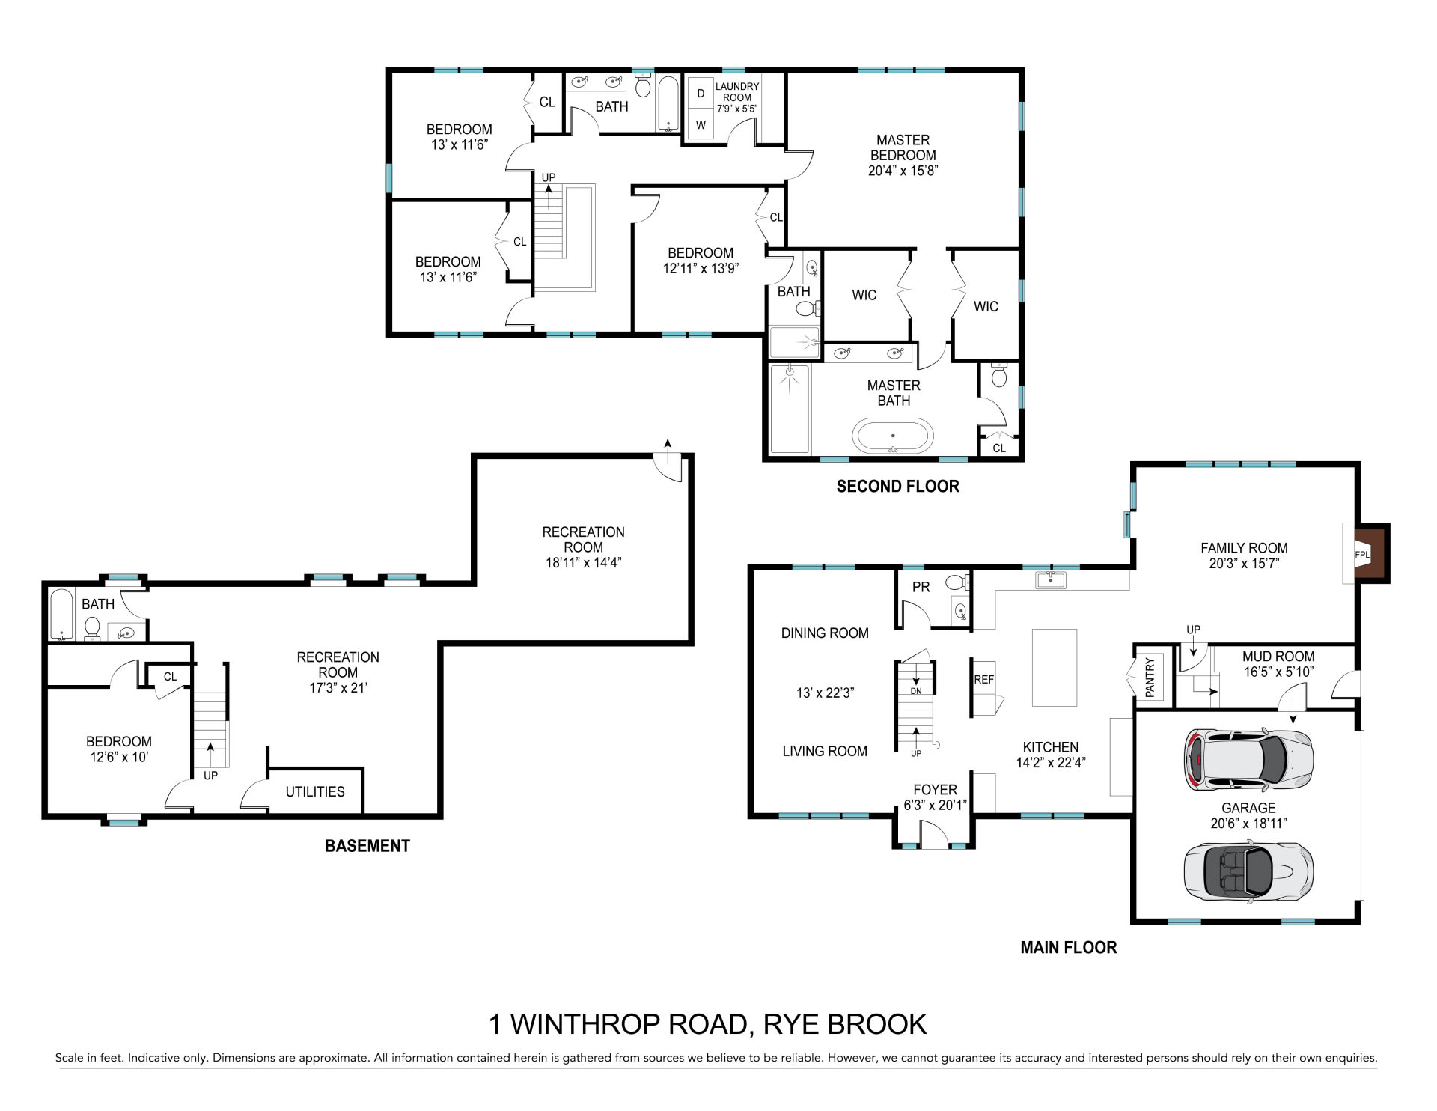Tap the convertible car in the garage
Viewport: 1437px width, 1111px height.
click(1248, 871)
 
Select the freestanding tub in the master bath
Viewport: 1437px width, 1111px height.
click(893, 436)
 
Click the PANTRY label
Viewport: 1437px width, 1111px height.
click(1150, 677)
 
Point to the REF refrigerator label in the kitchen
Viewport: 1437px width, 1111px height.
click(983, 680)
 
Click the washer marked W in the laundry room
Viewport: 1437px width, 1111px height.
click(701, 125)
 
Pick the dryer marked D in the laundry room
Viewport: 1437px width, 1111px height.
click(701, 94)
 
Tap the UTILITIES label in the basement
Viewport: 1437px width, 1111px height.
click(315, 791)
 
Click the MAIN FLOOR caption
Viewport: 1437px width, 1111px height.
click(1069, 947)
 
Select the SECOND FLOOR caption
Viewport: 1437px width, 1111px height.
click(897, 486)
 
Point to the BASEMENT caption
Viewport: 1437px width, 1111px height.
click(367, 846)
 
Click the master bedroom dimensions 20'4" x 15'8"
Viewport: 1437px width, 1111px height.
click(903, 170)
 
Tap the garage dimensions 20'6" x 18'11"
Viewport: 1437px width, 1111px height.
click(1248, 824)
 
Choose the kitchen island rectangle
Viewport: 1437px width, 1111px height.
click(1055, 667)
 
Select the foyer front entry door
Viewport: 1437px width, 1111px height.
click(934, 834)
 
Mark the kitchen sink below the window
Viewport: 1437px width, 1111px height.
click(1052, 579)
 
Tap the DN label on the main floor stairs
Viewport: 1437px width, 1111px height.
click(916, 691)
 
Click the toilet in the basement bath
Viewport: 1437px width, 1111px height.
click(92, 629)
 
